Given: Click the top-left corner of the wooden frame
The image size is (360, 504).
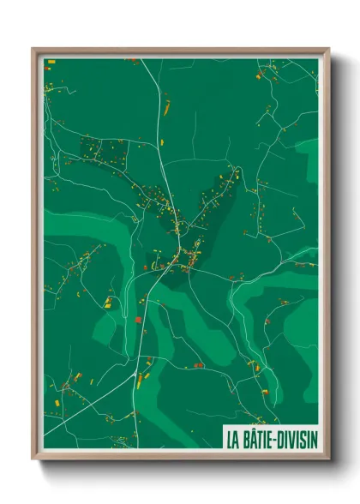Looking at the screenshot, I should tap(33, 49).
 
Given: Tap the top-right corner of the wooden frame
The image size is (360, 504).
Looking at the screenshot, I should tap(327, 49).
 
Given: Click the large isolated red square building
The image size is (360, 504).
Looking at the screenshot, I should tap(138, 320).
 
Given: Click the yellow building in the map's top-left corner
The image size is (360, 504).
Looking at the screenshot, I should tap(49, 62).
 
